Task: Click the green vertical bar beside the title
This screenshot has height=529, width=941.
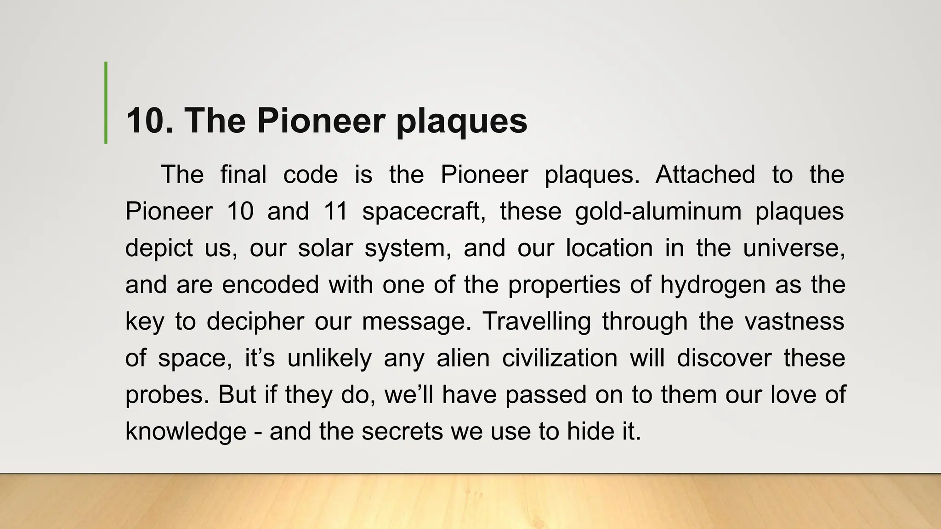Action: (x=106, y=103)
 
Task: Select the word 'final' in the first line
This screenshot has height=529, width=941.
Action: (x=243, y=175)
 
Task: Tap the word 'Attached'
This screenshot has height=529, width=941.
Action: (x=705, y=175)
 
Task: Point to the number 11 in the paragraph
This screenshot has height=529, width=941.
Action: (x=335, y=212)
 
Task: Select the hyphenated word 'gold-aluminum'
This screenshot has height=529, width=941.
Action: (x=658, y=212)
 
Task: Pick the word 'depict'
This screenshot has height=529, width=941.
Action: (x=159, y=248)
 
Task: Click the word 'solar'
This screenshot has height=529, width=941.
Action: (x=325, y=248)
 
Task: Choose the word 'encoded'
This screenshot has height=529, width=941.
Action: (x=270, y=285)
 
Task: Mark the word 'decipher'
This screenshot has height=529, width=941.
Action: (x=255, y=321)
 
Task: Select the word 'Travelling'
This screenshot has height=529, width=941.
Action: (x=536, y=321)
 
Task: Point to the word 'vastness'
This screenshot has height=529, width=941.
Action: (x=794, y=321)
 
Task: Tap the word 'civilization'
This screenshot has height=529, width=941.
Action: (x=559, y=358)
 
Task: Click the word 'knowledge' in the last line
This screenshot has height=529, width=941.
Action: (x=186, y=432)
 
